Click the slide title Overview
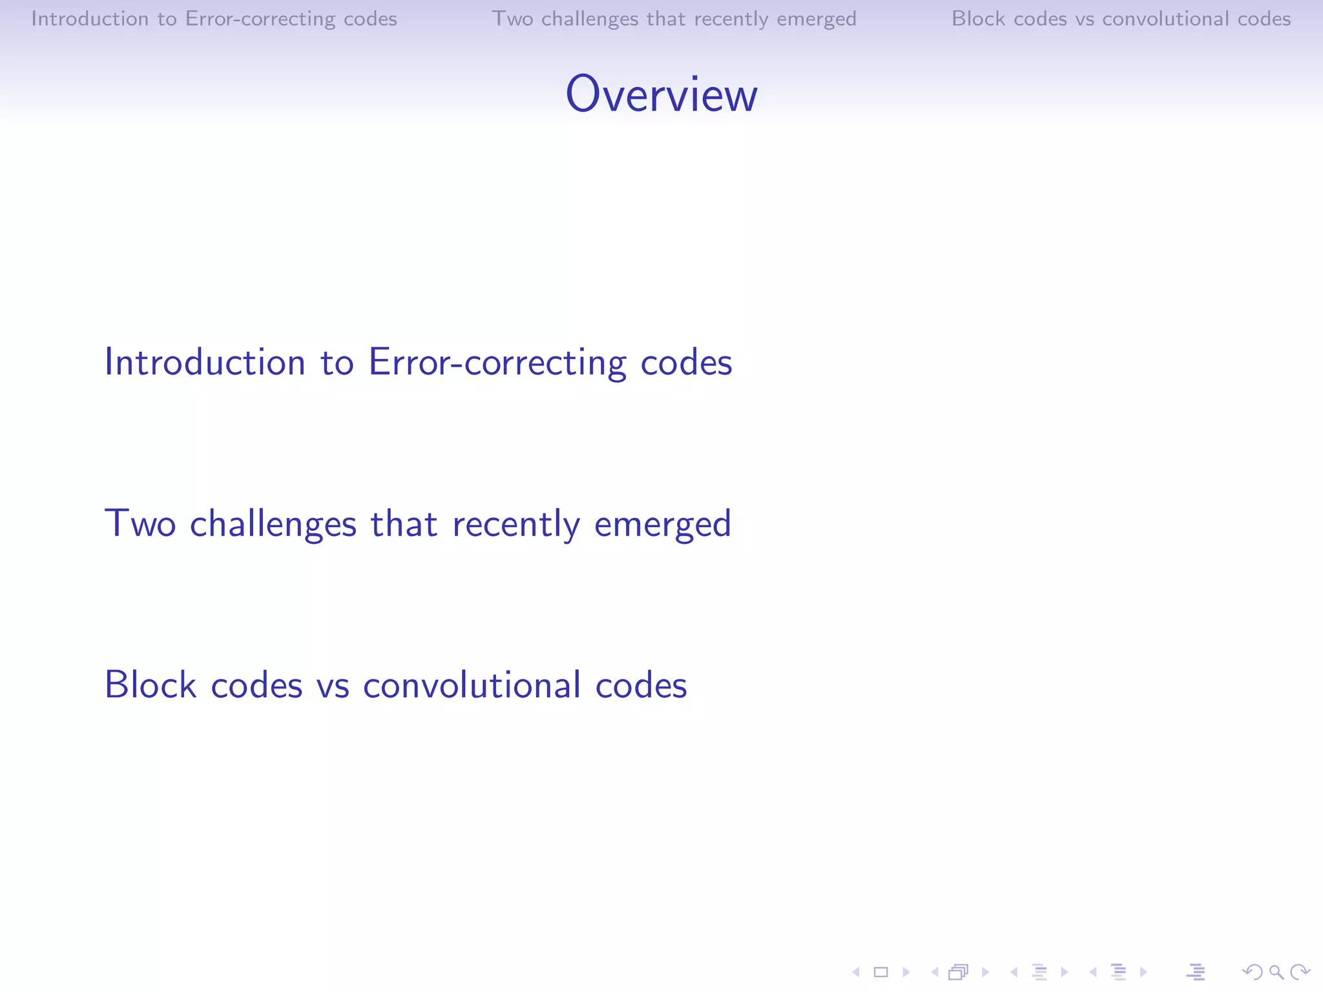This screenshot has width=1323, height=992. click(661, 94)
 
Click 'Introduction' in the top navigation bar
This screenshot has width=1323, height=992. click(90, 19)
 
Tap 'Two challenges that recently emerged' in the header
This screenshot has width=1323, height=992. click(674, 19)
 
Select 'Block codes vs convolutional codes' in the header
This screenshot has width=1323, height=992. click(1121, 19)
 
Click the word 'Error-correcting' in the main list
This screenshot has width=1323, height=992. click(497, 362)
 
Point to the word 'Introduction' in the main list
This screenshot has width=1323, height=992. click(205, 362)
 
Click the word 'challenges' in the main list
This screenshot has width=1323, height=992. click(273, 524)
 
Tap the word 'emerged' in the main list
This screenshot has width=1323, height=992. click(662, 524)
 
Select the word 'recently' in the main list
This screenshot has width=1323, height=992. click(516, 524)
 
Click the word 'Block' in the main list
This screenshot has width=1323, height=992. click(150, 685)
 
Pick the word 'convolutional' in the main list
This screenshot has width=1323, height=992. click(472, 685)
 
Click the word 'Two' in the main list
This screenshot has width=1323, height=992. click(140, 524)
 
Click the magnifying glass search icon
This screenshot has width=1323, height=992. click(1276, 972)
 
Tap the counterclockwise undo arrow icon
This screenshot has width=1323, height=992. click(1252, 972)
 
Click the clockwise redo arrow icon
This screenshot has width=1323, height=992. click(1299, 972)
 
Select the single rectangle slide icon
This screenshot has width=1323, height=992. click(880, 972)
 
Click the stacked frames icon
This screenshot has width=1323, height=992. click(958, 972)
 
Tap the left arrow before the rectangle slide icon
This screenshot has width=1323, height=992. click(856, 972)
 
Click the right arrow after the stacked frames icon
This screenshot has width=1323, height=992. click(985, 972)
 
